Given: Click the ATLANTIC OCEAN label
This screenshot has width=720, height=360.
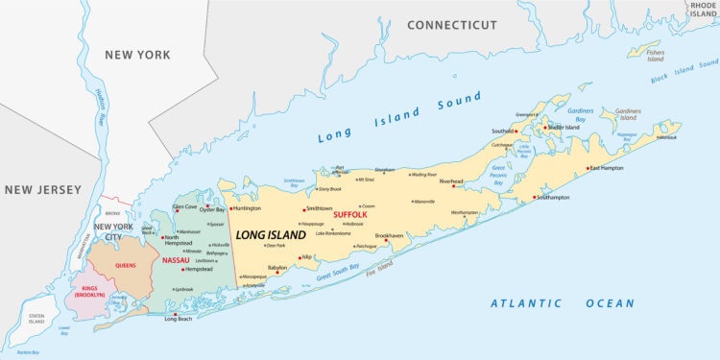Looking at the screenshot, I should (x=562, y=303).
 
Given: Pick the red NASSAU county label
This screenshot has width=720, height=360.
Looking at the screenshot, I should (x=176, y=259).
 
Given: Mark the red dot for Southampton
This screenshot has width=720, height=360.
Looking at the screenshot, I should (x=535, y=199).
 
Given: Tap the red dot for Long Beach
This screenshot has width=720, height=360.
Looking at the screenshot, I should (x=175, y=315).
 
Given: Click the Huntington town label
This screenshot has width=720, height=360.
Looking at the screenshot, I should (x=248, y=208).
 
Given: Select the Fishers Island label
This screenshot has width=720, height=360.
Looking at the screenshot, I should (x=655, y=56).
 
